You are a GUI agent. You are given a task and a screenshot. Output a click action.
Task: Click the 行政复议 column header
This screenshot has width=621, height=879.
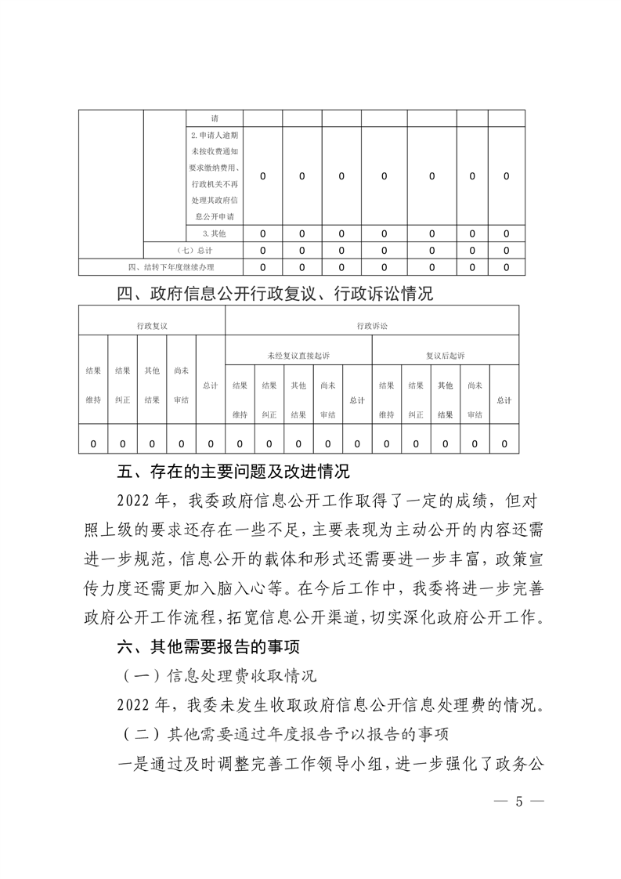151,324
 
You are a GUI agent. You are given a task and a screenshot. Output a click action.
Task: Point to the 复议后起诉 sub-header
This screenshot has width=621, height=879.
445,355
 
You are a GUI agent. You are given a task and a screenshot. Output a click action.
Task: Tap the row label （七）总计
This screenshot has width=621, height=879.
193,251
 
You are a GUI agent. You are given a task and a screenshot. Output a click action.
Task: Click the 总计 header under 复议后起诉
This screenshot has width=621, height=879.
504,400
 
